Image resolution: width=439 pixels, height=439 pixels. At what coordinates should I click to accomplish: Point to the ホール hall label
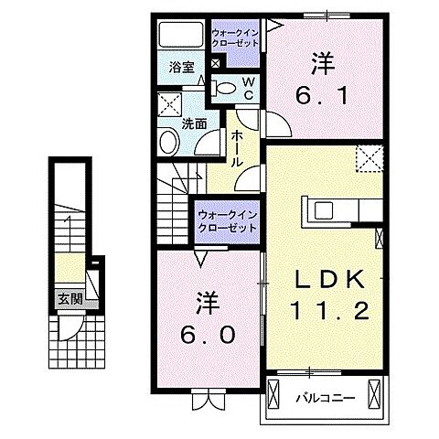[236, 146]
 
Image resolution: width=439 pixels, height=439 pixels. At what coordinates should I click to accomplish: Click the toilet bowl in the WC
[225, 88]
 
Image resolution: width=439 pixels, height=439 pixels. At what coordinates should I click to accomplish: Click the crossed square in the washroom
[169, 102]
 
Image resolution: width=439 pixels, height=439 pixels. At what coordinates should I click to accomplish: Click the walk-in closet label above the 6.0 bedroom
[226, 221]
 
